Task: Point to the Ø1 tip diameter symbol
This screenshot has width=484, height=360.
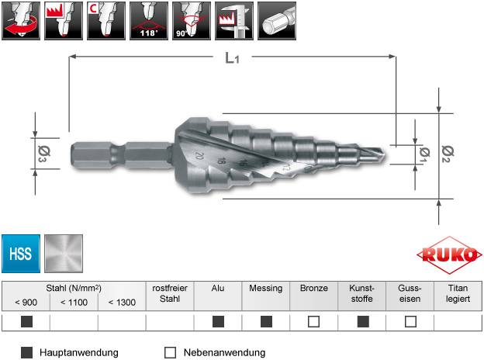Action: [422, 152]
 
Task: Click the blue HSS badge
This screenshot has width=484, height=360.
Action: [21, 252]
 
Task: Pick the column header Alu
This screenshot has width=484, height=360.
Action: [218, 288]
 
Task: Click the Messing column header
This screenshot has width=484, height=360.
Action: [265, 288]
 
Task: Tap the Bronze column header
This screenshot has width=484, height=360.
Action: [314, 288]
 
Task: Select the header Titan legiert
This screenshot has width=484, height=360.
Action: [458, 292]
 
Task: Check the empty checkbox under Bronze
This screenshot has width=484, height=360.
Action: [314, 321]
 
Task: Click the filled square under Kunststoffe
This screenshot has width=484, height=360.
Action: [362, 321]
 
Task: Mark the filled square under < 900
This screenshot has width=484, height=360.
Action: [26, 321]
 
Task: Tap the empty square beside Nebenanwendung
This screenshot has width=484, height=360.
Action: [170, 352]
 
